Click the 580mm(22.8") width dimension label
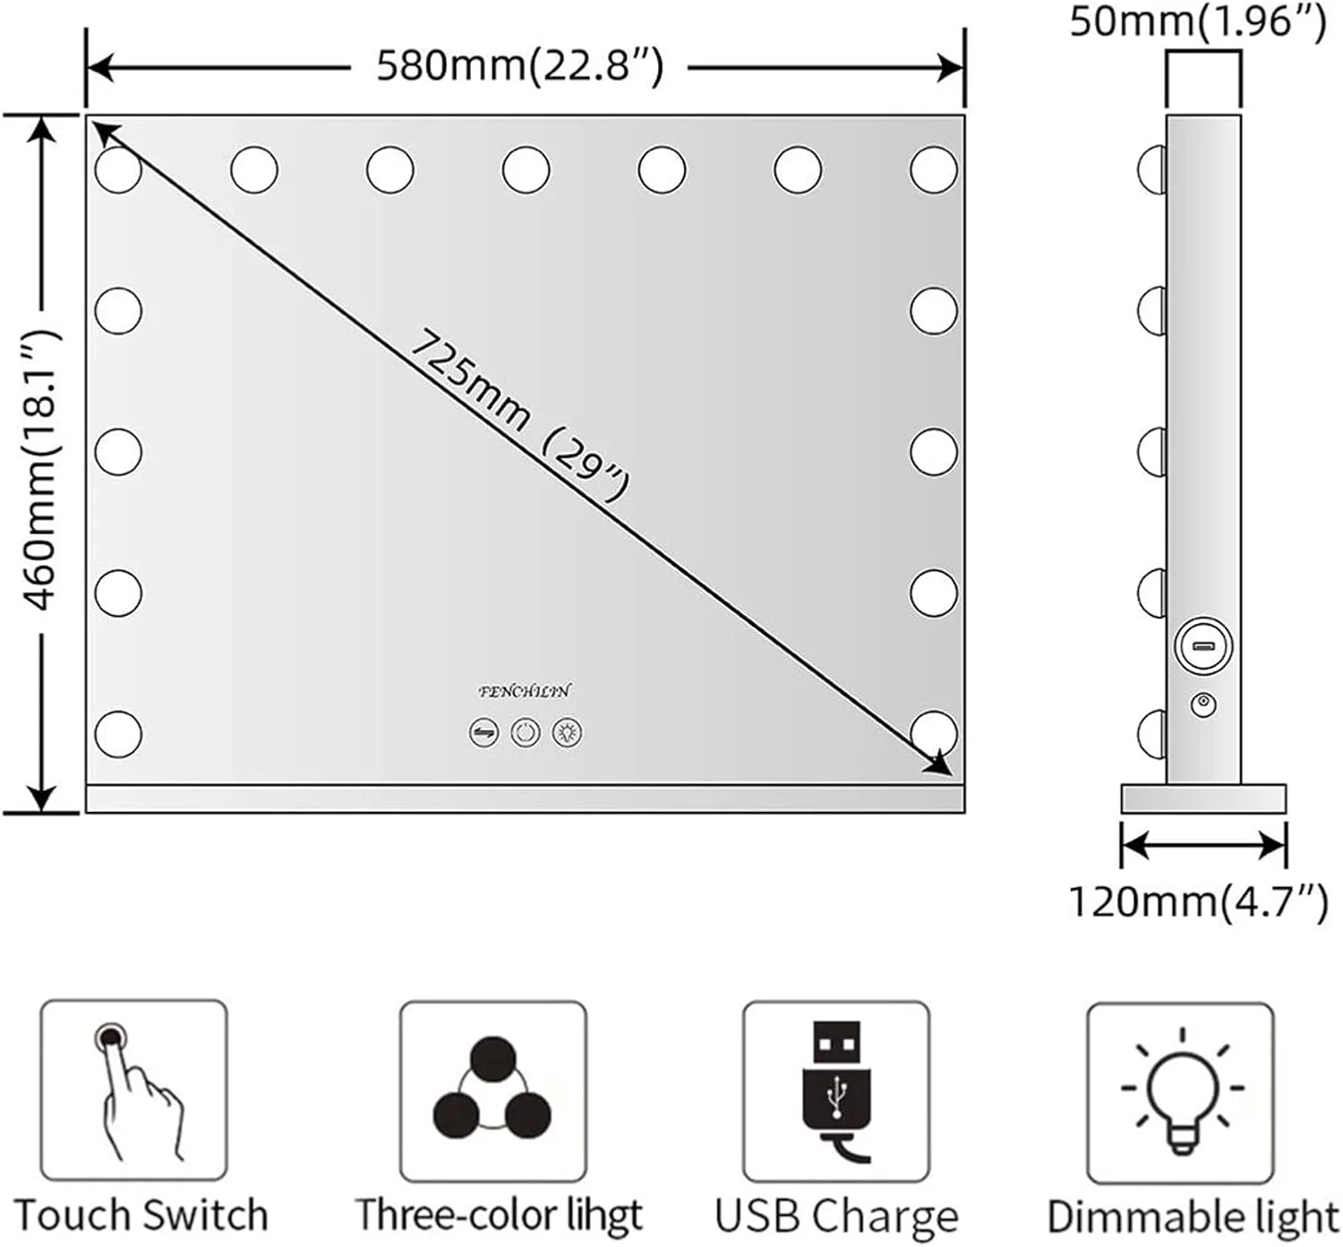(519, 67)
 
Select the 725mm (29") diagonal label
(519, 415)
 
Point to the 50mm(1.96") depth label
(1197, 21)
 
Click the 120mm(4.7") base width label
(1198, 901)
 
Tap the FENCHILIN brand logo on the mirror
(524, 691)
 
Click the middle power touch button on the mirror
(526, 732)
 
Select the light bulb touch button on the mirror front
(567, 732)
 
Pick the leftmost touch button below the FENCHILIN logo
(484, 732)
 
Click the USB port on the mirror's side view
(1203, 645)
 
